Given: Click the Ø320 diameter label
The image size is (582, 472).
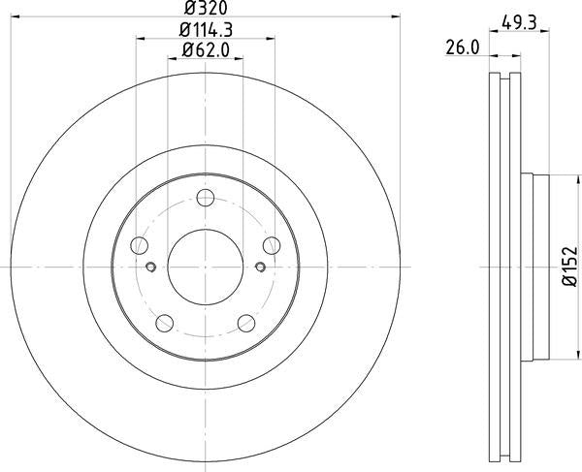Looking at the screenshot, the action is (x=206, y=8).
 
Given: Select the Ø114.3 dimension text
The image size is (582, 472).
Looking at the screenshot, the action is (x=206, y=30).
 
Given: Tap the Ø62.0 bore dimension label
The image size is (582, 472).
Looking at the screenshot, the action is (x=206, y=50).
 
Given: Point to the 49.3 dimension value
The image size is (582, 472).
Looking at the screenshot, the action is (x=519, y=23).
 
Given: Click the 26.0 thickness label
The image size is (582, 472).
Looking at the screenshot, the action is (x=463, y=47).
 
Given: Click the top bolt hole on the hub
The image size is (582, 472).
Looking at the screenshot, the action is (x=206, y=198).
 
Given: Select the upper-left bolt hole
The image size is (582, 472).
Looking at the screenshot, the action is (x=139, y=245).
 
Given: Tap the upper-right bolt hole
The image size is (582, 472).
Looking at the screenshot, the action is (x=272, y=245).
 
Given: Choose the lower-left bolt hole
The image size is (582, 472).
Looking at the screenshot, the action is (x=165, y=323).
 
